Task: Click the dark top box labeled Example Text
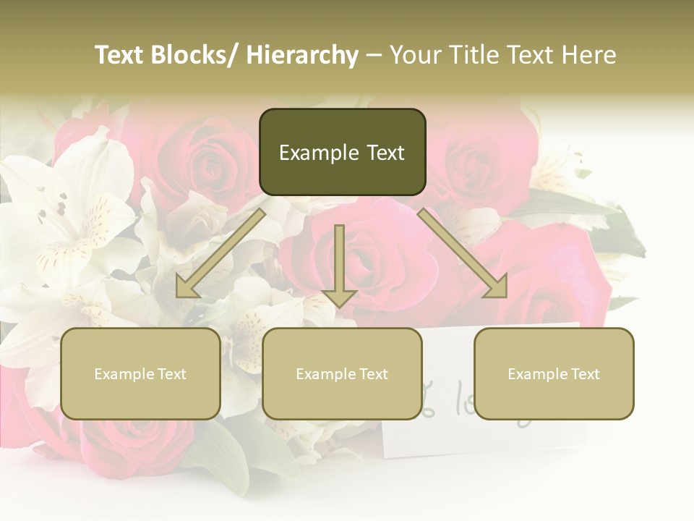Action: click(x=342, y=152)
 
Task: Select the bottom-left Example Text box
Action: click(x=140, y=373)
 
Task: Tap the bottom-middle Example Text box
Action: click(x=342, y=373)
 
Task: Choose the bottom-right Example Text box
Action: click(x=554, y=373)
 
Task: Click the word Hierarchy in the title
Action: click(x=302, y=55)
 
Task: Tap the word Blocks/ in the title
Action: click(x=193, y=55)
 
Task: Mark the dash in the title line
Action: click(x=374, y=55)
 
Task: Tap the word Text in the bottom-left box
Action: click(x=171, y=374)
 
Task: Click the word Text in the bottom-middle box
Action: click(x=372, y=374)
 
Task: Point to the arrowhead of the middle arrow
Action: click(x=339, y=297)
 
